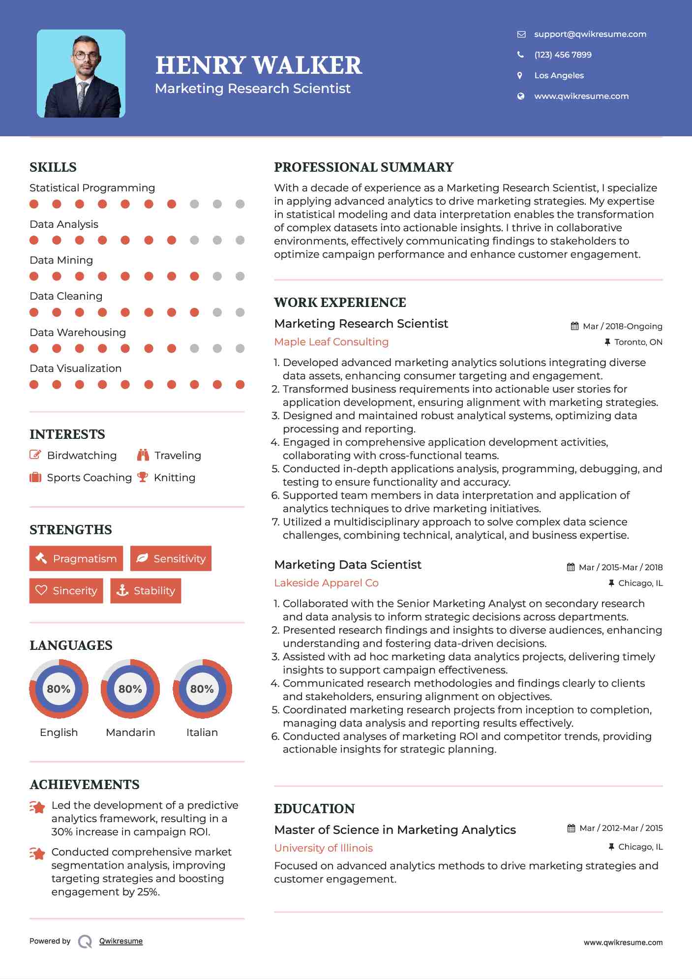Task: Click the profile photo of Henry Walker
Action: [81, 74]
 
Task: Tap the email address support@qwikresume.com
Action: [590, 34]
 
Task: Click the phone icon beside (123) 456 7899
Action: [520, 55]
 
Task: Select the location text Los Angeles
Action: [559, 75]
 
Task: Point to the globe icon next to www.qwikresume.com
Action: [520, 96]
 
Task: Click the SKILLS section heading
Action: [53, 167]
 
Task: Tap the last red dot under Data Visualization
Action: [240, 385]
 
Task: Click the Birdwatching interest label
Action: [82, 456]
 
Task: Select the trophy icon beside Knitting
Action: [143, 477]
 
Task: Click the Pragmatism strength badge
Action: [76, 558]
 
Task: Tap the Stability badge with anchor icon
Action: [146, 590]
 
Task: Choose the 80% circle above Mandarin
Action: [130, 689]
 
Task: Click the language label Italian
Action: [202, 733]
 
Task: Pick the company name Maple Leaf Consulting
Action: [331, 342]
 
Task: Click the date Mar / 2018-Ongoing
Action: [622, 326]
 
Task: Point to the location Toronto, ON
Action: [638, 342]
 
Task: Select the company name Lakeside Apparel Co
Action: [326, 583]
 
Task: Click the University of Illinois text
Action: [323, 848]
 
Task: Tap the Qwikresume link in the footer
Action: [121, 941]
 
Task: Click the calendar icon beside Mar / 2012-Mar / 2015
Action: [571, 828]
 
